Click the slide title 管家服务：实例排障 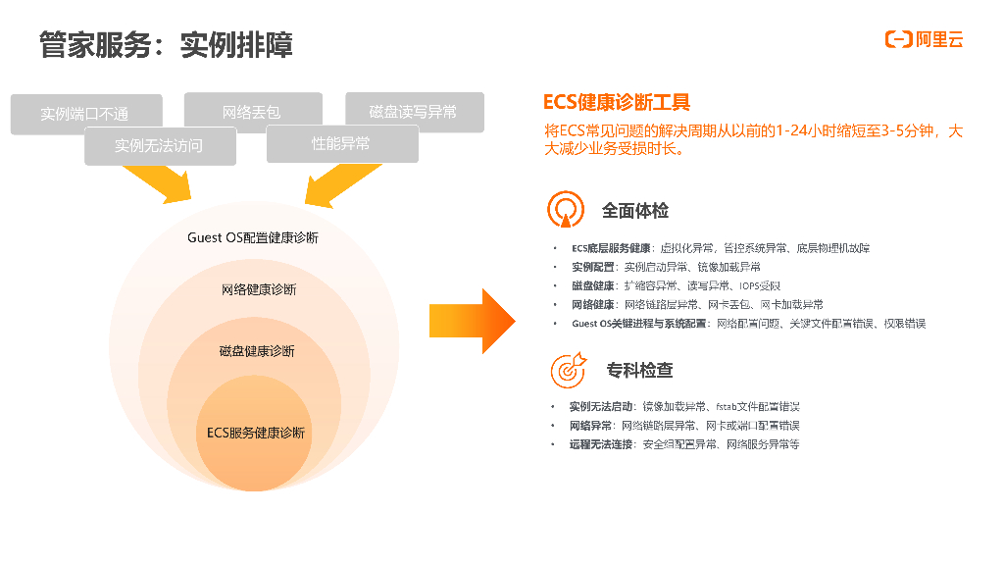(x=166, y=44)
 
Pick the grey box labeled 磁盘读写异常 (x=414, y=111)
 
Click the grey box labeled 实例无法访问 (x=159, y=146)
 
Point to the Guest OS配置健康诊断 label (x=253, y=237)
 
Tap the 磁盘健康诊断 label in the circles (x=257, y=351)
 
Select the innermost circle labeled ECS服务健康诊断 (x=255, y=433)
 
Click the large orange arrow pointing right (x=472, y=320)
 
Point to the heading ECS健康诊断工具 (x=617, y=102)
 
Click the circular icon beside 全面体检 (x=566, y=210)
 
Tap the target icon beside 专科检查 (x=567, y=370)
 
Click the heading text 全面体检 (x=635, y=210)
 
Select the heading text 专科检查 (x=639, y=371)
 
